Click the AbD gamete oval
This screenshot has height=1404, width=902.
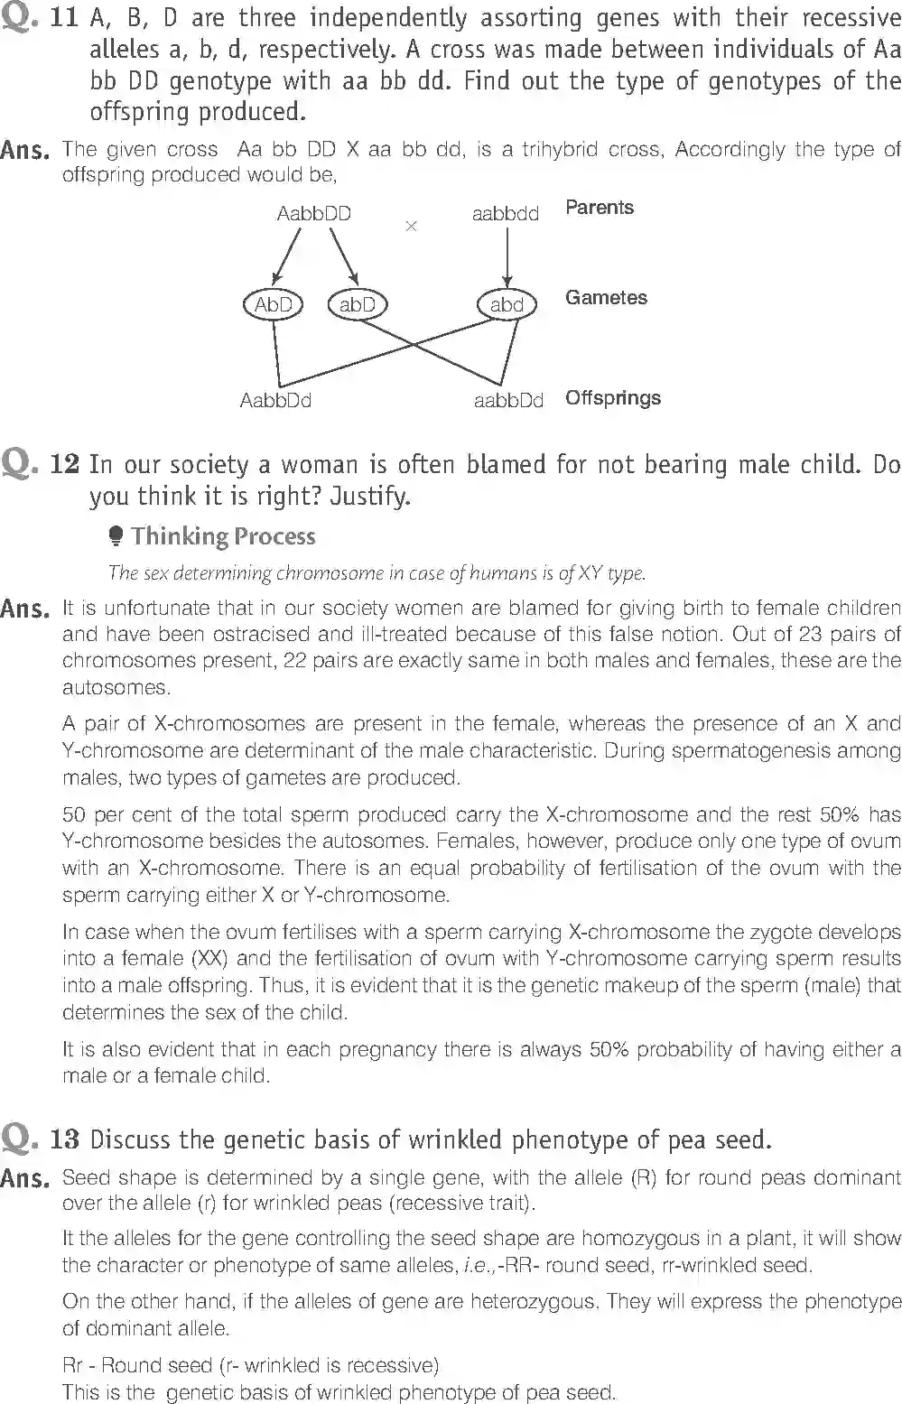point(273,305)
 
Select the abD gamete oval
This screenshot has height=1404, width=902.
point(357,305)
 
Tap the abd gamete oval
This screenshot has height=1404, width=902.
point(507,305)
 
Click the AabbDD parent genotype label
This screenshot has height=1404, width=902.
point(313,214)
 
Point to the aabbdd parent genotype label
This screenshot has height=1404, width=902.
point(506,214)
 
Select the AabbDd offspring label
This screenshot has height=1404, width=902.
point(275,400)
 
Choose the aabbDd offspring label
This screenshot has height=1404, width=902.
point(508,400)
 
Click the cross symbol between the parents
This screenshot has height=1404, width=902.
point(412,226)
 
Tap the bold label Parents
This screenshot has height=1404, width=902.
point(600,208)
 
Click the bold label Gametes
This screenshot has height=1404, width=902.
point(606,298)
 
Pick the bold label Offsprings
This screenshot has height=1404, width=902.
point(613,398)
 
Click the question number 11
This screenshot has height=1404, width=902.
point(65,18)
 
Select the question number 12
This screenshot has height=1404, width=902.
point(65,464)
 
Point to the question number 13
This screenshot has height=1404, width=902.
point(65,1139)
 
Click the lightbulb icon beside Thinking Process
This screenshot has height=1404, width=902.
point(116,537)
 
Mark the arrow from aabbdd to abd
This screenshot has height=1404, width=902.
point(507,256)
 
